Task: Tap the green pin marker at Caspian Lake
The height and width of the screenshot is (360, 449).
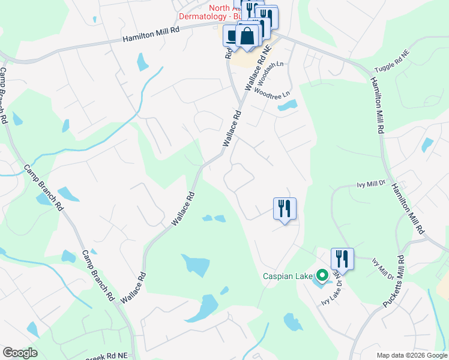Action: (322, 277)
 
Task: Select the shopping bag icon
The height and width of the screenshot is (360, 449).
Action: (247, 37)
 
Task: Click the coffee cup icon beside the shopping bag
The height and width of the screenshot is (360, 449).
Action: (232, 35)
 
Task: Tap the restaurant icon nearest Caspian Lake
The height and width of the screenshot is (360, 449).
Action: (342, 259)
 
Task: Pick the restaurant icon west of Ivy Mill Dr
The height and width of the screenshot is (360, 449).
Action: (285, 209)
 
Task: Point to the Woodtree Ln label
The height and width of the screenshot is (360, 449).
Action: (271, 94)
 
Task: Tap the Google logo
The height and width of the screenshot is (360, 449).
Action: (20, 353)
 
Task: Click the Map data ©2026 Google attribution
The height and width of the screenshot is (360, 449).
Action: (411, 355)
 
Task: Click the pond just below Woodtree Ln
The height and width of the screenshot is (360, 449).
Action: (287, 106)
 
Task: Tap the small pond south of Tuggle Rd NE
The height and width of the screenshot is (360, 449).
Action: (427, 145)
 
